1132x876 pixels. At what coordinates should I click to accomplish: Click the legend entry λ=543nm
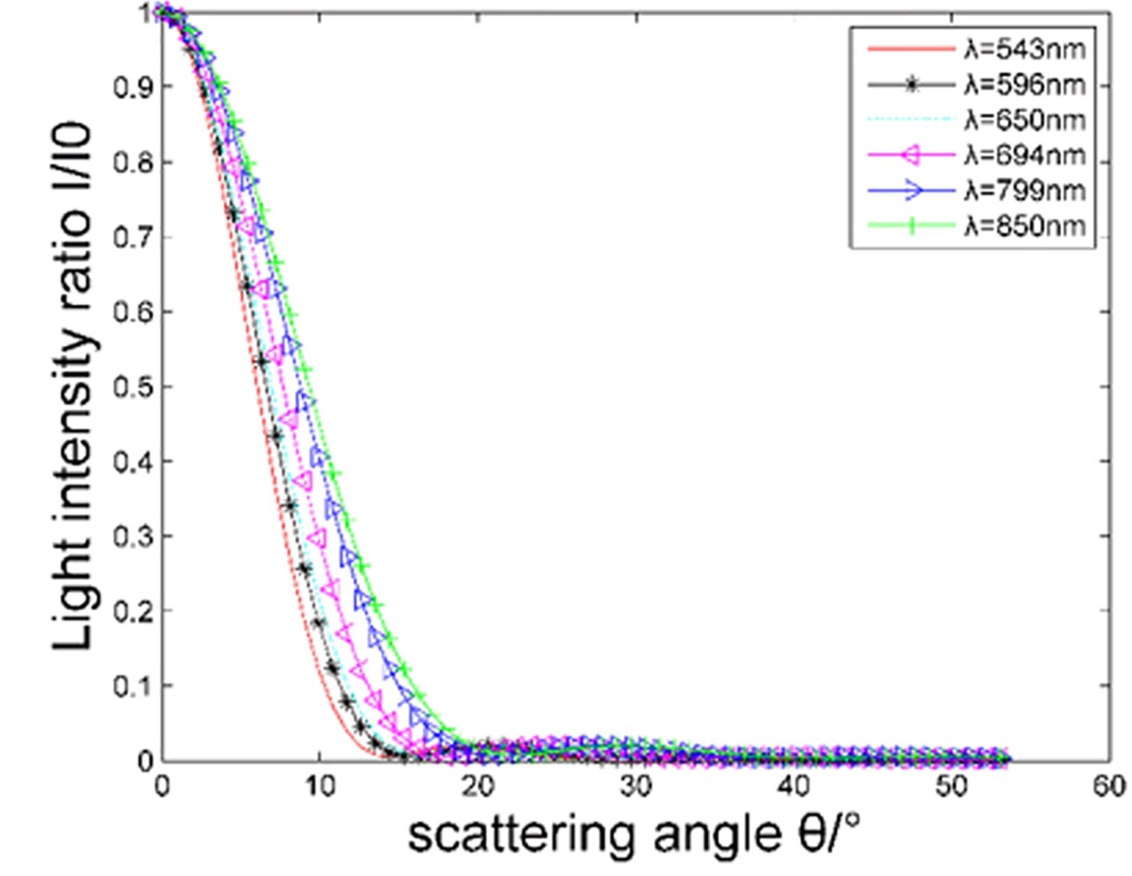pyautogui.click(x=1024, y=49)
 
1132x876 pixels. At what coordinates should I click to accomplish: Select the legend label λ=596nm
pyautogui.click(x=1024, y=84)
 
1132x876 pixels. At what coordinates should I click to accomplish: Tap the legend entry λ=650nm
pyautogui.click(x=1024, y=120)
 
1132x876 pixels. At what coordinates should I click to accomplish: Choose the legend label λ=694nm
pyautogui.click(x=1024, y=155)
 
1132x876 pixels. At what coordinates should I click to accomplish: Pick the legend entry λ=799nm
pyautogui.click(x=1024, y=190)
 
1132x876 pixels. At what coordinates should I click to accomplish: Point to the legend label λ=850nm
pyautogui.click(x=1024, y=225)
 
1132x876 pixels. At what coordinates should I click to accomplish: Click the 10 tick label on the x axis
pyautogui.click(x=319, y=786)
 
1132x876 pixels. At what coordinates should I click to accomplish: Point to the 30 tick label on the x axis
pyautogui.click(x=635, y=786)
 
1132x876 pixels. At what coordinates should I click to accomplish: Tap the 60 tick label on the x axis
pyautogui.click(x=1109, y=786)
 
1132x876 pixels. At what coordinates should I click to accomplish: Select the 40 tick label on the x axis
pyautogui.click(x=793, y=786)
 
